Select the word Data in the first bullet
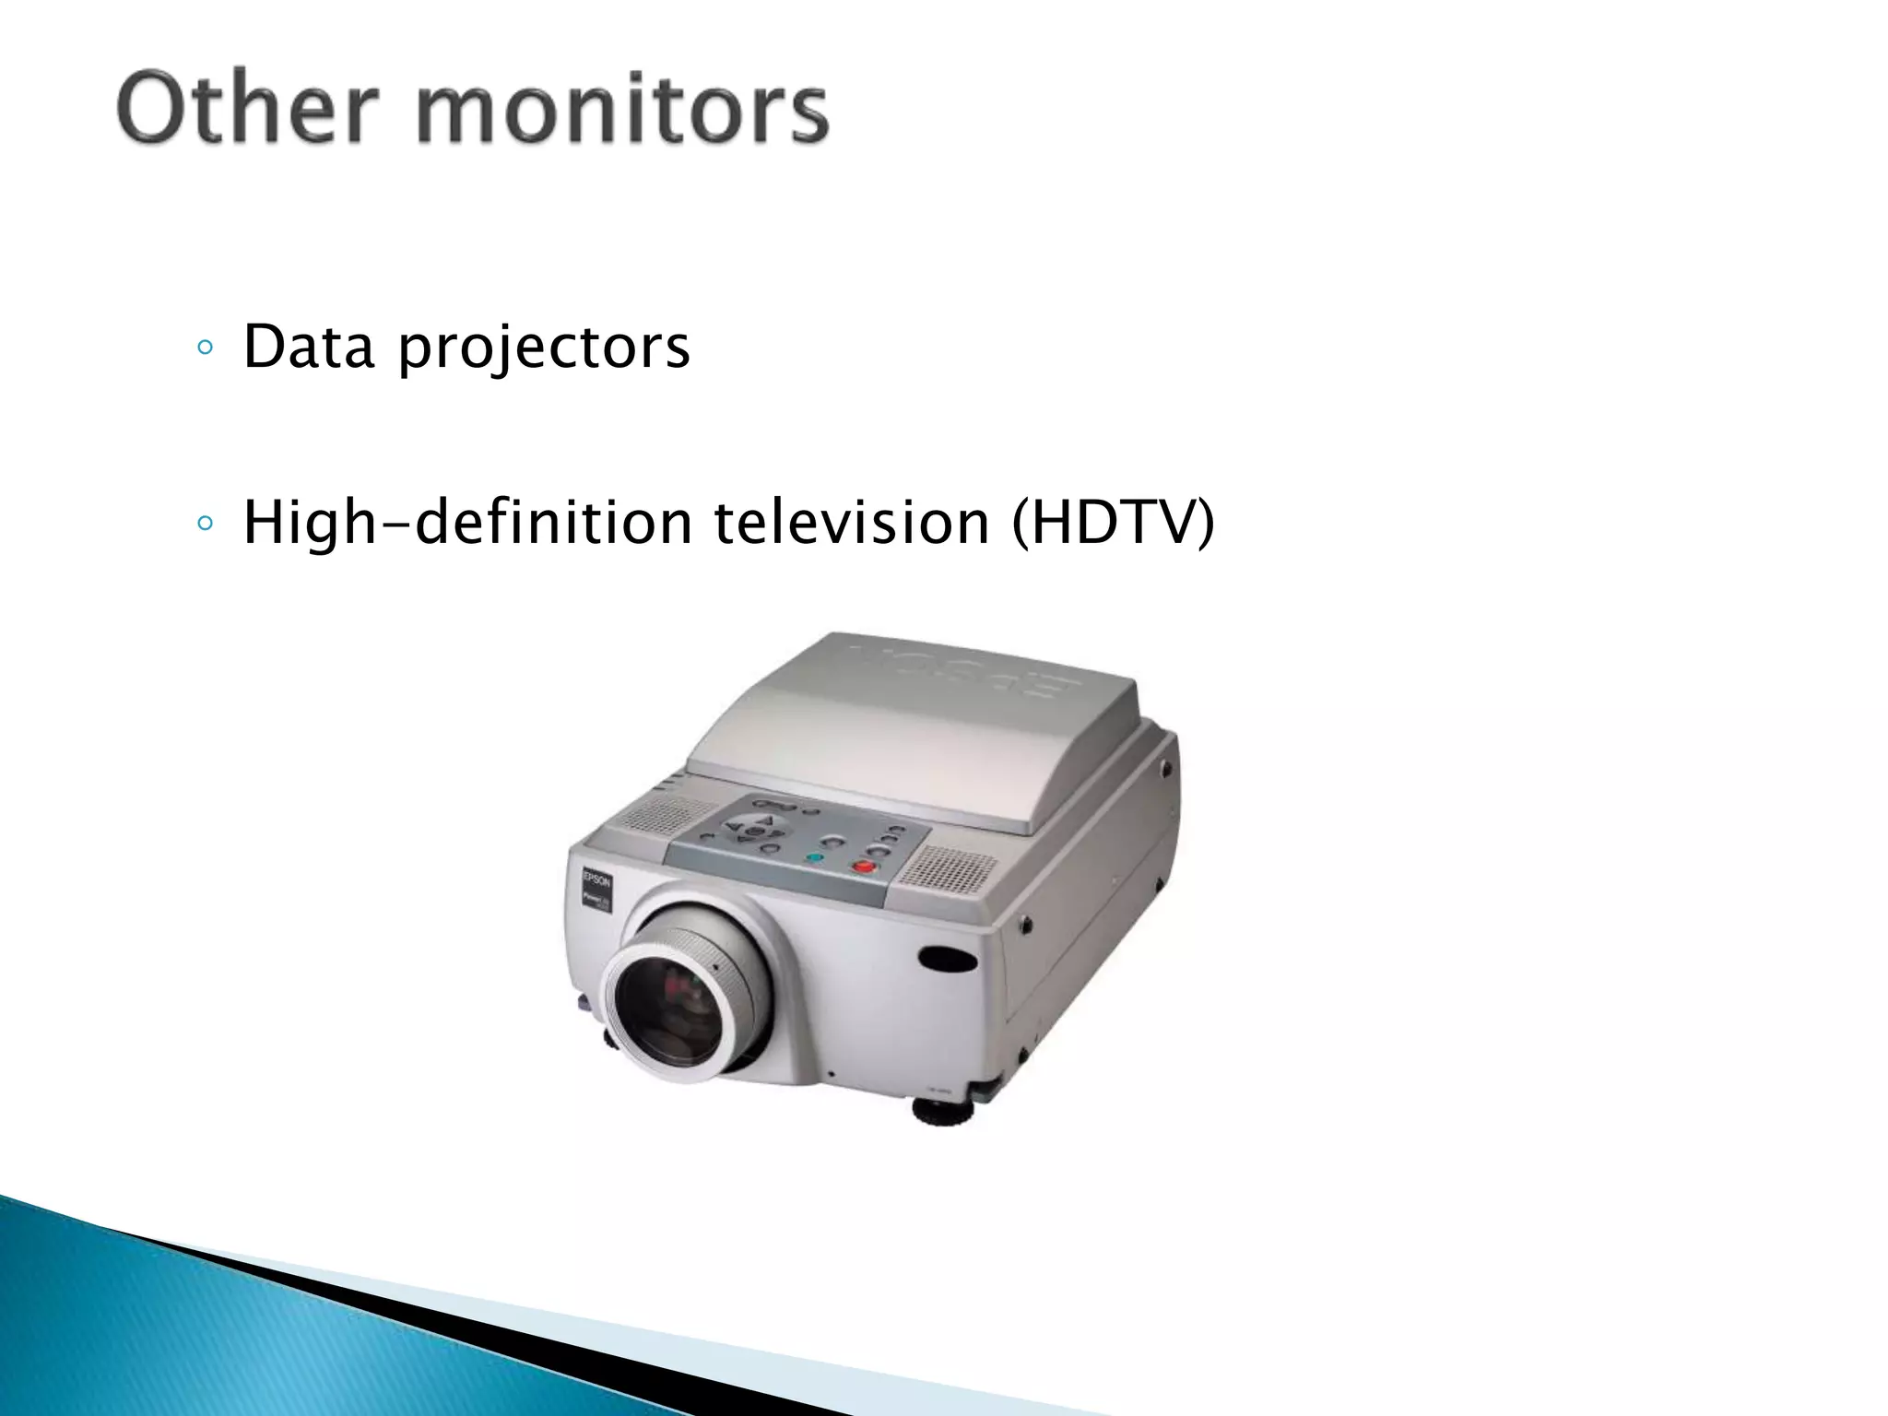tap(309, 347)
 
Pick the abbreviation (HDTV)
tap(1113, 523)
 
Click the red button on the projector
tap(863, 866)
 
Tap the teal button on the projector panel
tap(814, 857)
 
